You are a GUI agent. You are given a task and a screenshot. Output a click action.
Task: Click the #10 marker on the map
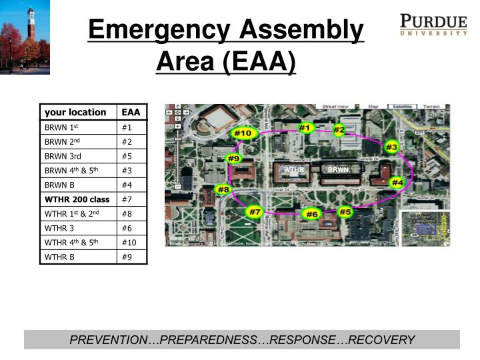[x=243, y=133]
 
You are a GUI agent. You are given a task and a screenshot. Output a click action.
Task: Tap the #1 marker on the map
[x=305, y=127]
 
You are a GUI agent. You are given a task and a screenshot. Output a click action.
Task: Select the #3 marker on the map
[x=392, y=147]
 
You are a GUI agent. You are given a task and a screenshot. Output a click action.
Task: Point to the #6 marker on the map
[x=311, y=214]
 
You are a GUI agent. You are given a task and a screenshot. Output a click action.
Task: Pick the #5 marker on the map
[x=345, y=212]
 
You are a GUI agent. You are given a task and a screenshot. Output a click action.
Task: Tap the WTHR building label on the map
[x=293, y=170]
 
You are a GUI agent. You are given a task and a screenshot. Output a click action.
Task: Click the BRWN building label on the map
[x=338, y=170]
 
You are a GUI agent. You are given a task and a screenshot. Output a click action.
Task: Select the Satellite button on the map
[x=401, y=107]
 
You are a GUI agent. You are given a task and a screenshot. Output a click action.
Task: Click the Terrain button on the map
[x=431, y=107]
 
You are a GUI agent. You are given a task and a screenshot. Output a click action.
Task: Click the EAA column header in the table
[x=131, y=112]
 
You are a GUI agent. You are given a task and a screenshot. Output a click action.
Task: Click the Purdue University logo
[x=433, y=24]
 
